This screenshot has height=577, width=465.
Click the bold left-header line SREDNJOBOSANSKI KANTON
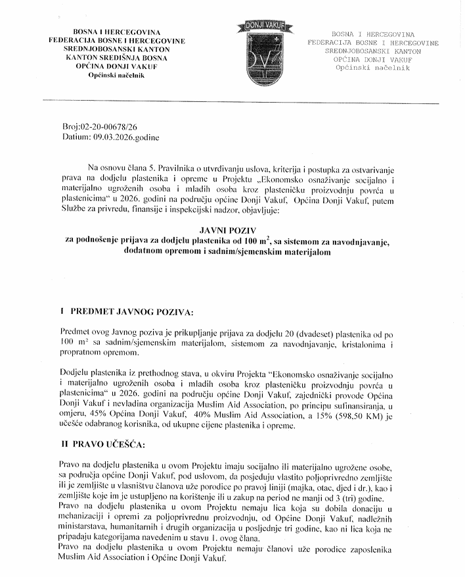pyautogui.click(x=110, y=49)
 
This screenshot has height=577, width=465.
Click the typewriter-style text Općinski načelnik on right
pyautogui.click(x=372, y=68)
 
